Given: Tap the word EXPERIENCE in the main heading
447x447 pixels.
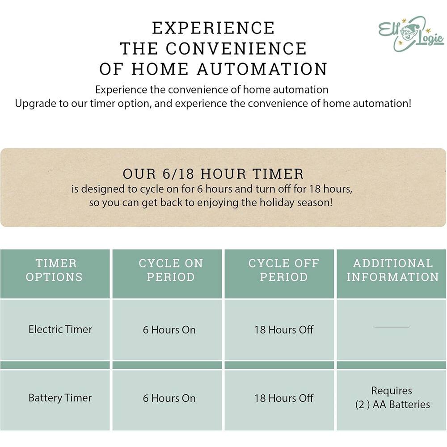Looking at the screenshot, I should pos(213,28).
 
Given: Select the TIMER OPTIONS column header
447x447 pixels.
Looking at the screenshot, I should pos(55,270).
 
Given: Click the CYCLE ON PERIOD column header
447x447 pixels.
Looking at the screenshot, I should pos(170,270).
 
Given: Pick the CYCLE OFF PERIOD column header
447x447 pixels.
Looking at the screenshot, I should pos(283,270).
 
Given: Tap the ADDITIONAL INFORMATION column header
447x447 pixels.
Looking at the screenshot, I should pos(392,270).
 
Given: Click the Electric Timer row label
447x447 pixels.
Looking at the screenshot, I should pos(60,329).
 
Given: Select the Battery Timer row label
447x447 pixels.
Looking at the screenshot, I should pos(60,398).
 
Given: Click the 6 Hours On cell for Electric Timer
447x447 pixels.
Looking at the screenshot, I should pos(169,330).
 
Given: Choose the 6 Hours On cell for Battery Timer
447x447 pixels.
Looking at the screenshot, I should pos(169,398).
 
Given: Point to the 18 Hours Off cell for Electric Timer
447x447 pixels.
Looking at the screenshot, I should pos(284,330).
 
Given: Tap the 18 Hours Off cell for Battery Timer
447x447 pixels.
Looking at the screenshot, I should pos(284,398).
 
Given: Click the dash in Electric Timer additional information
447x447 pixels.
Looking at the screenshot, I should pos(391,327).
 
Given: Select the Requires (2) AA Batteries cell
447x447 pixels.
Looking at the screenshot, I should pos(392,398).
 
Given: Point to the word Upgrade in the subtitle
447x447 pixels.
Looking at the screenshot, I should pos(34,104).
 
